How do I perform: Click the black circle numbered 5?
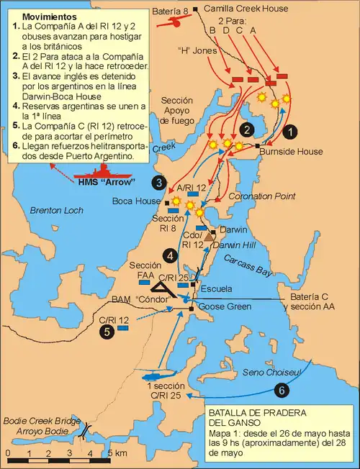tap(107, 331)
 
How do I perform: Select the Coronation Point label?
tap(253, 196)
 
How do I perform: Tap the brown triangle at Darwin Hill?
tap(207, 236)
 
